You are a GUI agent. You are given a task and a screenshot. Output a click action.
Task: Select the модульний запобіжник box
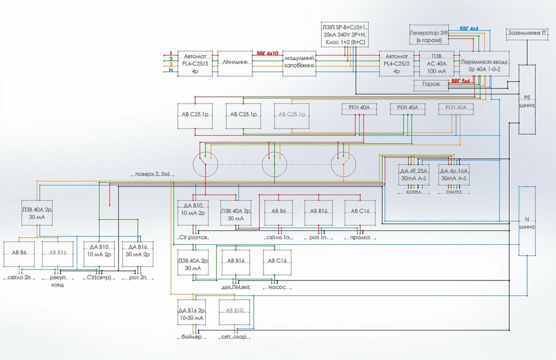299,62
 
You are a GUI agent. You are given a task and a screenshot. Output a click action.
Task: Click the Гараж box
431,85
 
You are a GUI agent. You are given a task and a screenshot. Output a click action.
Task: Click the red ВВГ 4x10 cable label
267,54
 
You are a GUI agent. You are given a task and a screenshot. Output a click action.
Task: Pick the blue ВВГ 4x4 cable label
469,28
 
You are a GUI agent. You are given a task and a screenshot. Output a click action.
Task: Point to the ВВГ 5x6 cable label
461,81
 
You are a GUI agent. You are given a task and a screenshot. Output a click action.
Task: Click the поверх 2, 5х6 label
152,174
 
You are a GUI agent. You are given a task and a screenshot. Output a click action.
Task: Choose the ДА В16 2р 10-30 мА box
192,314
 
